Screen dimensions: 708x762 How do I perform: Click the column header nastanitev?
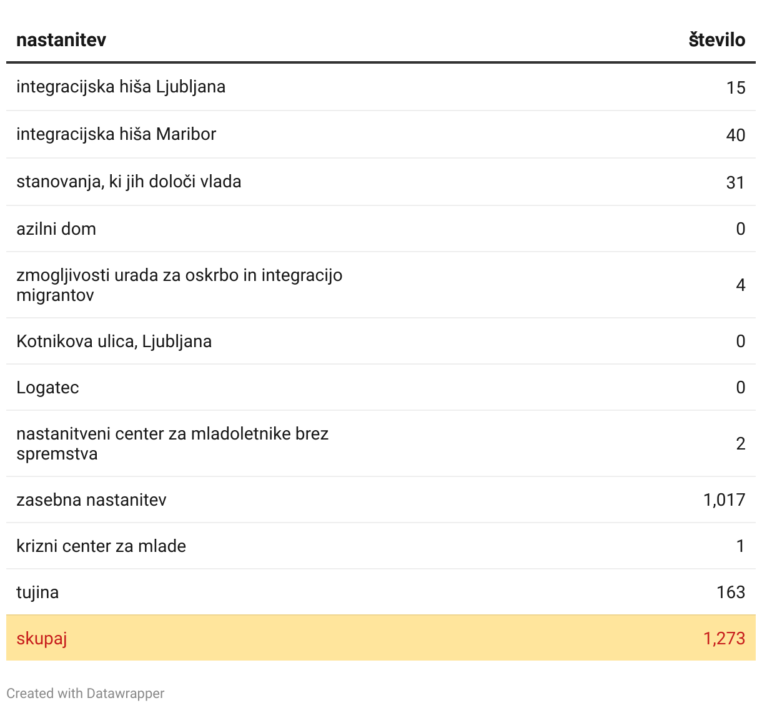click(61, 40)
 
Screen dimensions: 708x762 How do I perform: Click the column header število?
click(716, 40)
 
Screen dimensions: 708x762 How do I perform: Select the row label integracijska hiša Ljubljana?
click(121, 87)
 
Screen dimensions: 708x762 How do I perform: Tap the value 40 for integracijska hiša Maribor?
click(735, 135)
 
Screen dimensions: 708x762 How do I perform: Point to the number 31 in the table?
click(735, 182)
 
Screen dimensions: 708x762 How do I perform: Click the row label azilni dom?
click(56, 229)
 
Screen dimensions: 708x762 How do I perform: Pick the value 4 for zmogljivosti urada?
click(740, 285)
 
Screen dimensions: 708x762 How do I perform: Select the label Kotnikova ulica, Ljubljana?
click(114, 342)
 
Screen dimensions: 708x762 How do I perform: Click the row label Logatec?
click(47, 388)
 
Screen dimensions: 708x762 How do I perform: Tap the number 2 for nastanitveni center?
click(740, 444)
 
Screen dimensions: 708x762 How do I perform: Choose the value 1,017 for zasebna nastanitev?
click(724, 500)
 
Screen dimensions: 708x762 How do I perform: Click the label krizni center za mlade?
click(101, 546)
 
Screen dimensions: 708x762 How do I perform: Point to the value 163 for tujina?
click(731, 592)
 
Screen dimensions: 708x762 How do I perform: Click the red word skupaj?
click(41, 639)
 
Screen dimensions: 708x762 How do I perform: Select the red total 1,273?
click(724, 639)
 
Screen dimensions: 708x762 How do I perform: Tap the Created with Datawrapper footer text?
click(86, 694)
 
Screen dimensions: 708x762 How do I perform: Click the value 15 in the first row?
click(736, 87)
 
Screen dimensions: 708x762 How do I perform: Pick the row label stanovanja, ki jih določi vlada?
click(129, 182)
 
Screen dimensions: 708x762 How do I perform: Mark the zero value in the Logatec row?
click(740, 388)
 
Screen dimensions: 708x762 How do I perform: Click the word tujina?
click(37, 592)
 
